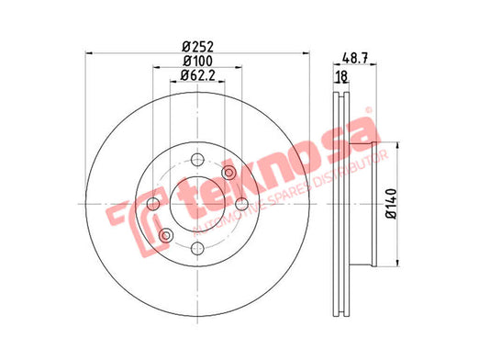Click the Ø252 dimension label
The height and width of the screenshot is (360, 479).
point(197,47)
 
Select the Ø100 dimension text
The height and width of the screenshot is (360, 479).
point(197,61)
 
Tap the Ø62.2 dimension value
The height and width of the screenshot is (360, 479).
point(197,75)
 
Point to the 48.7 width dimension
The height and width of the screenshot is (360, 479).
point(355,58)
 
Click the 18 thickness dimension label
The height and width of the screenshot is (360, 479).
point(341,76)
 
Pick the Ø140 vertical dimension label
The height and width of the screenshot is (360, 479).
point(392,204)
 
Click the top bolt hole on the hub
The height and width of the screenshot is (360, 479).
point(197,160)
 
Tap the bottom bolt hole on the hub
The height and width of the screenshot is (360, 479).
point(197,248)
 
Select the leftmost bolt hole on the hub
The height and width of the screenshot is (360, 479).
point(153,204)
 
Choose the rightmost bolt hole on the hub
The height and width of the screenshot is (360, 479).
point(242,204)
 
